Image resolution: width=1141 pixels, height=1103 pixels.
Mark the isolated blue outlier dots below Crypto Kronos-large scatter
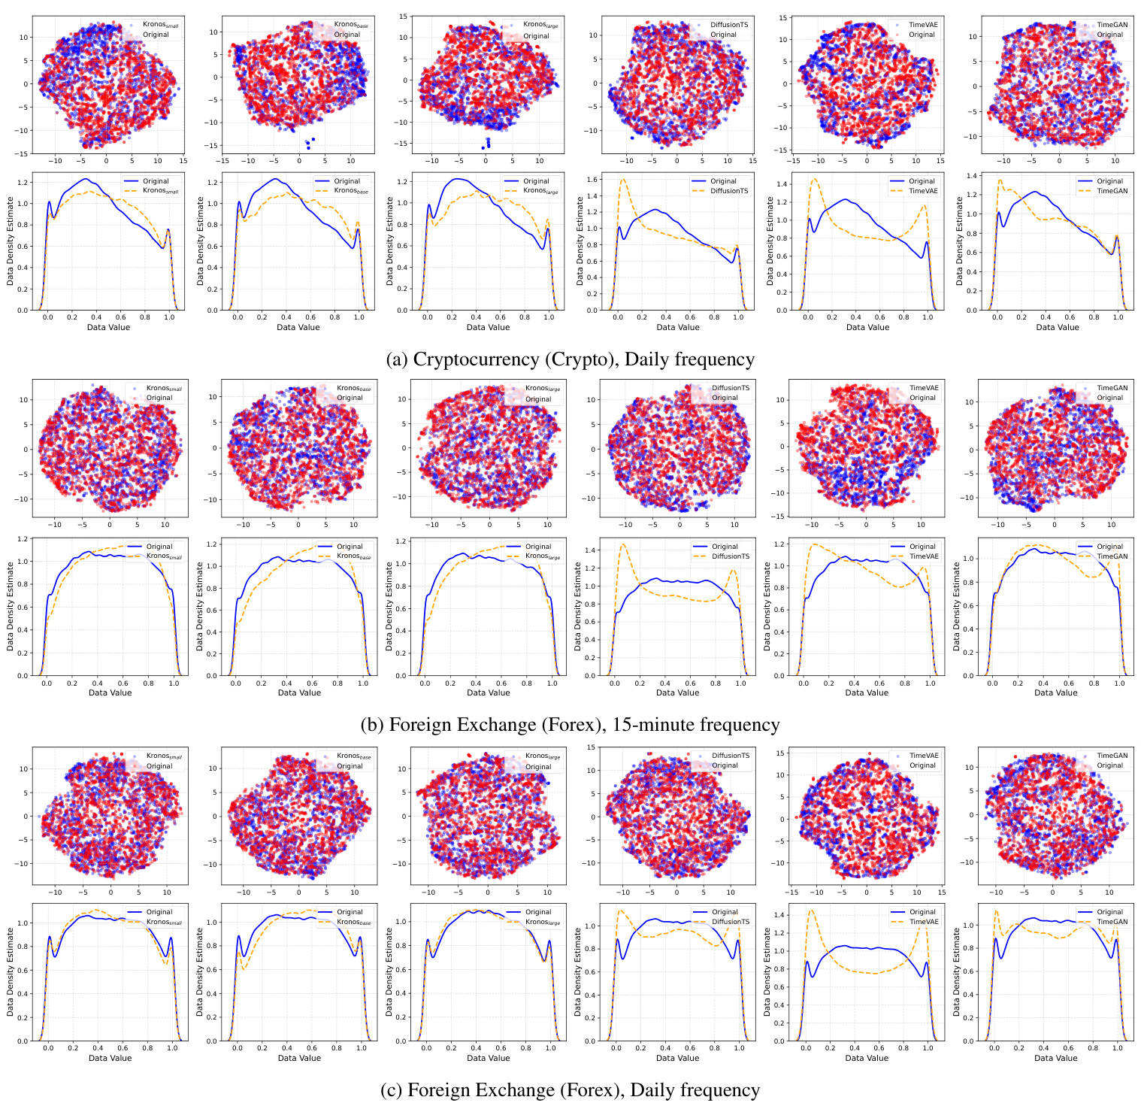(486, 142)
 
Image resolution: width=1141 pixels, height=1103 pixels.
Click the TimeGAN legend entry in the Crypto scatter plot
(1109, 25)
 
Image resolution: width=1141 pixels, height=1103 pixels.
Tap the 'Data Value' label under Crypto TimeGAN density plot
(1058, 327)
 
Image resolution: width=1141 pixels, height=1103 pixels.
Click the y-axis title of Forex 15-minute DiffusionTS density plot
(578, 608)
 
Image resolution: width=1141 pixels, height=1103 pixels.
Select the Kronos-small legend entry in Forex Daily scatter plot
(164, 756)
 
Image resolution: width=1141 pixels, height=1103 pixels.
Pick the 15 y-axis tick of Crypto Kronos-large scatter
(403, 16)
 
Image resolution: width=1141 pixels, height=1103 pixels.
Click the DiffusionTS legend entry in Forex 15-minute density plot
(731, 556)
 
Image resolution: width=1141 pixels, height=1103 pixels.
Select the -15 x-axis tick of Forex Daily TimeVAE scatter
(793, 892)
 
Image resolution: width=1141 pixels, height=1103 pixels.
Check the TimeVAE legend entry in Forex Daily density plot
(923, 922)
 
